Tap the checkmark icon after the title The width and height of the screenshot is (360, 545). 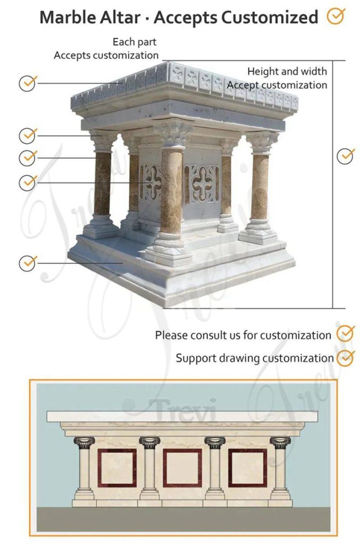pos(335,16)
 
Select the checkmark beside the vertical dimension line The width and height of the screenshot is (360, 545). pos(346,156)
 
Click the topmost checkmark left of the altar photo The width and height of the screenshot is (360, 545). pos(28,83)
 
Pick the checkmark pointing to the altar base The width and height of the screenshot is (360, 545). pos(28,262)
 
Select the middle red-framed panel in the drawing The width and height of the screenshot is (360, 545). pos(182,468)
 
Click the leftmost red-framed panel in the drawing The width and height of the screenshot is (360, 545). pos(117,468)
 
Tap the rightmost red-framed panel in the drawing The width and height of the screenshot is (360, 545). pos(247,468)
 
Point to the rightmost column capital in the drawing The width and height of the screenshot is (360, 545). pos(280,442)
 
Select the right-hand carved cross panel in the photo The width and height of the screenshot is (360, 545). pos(202,183)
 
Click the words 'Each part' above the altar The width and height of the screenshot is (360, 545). pos(135,42)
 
